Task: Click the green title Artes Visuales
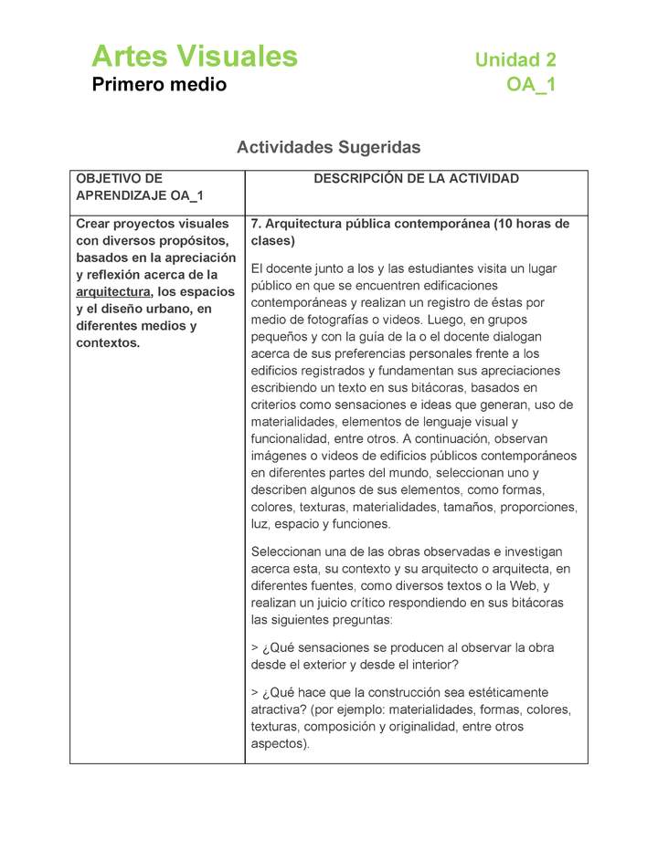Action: point(194,57)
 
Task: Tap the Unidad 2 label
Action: point(515,60)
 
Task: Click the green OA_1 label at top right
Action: point(531,86)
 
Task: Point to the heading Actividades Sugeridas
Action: point(328,147)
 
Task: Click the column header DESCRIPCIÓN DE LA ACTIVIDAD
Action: point(416,179)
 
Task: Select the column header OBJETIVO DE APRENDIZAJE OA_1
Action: point(139,187)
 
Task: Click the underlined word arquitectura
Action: point(112,292)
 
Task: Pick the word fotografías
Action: point(351,320)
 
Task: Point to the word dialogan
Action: point(524,337)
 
